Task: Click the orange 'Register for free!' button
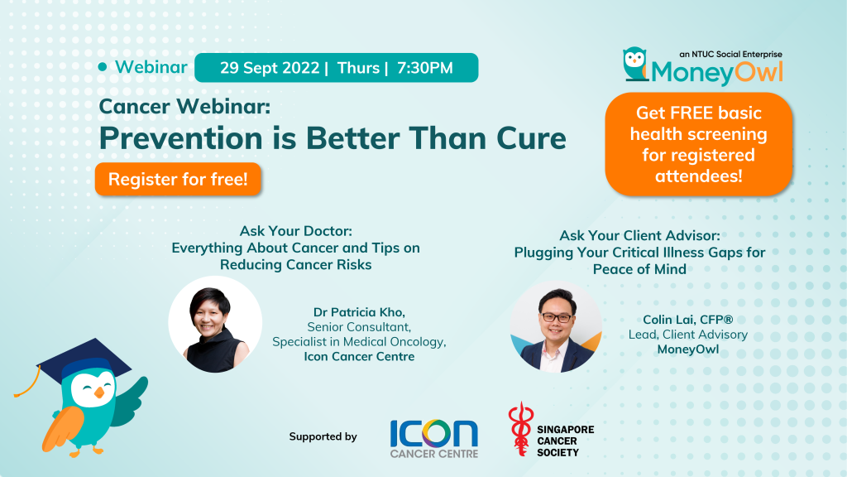tap(178, 179)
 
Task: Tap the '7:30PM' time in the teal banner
tap(425, 68)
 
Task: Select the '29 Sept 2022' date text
tap(270, 68)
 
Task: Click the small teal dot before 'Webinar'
tap(103, 67)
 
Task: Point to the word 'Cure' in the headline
tap(531, 138)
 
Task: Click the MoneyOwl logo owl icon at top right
tap(635, 64)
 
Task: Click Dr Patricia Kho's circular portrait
tap(215, 324)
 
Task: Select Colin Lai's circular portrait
tap(556, 326)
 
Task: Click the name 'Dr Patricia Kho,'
tap(359, 312)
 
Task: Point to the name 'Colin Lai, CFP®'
tap(687, 320)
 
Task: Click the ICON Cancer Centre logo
tap(434, 439)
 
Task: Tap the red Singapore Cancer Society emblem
tap(521, 429)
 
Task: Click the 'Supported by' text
tap(323, 436)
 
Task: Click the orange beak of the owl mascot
tap(99, 392)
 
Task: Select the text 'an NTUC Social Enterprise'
tap(731, 54)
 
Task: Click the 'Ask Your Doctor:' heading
tap(296, 231)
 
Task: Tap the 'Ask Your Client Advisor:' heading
tap(639, 235)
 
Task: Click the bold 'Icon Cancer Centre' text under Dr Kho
tap(359, 356)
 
